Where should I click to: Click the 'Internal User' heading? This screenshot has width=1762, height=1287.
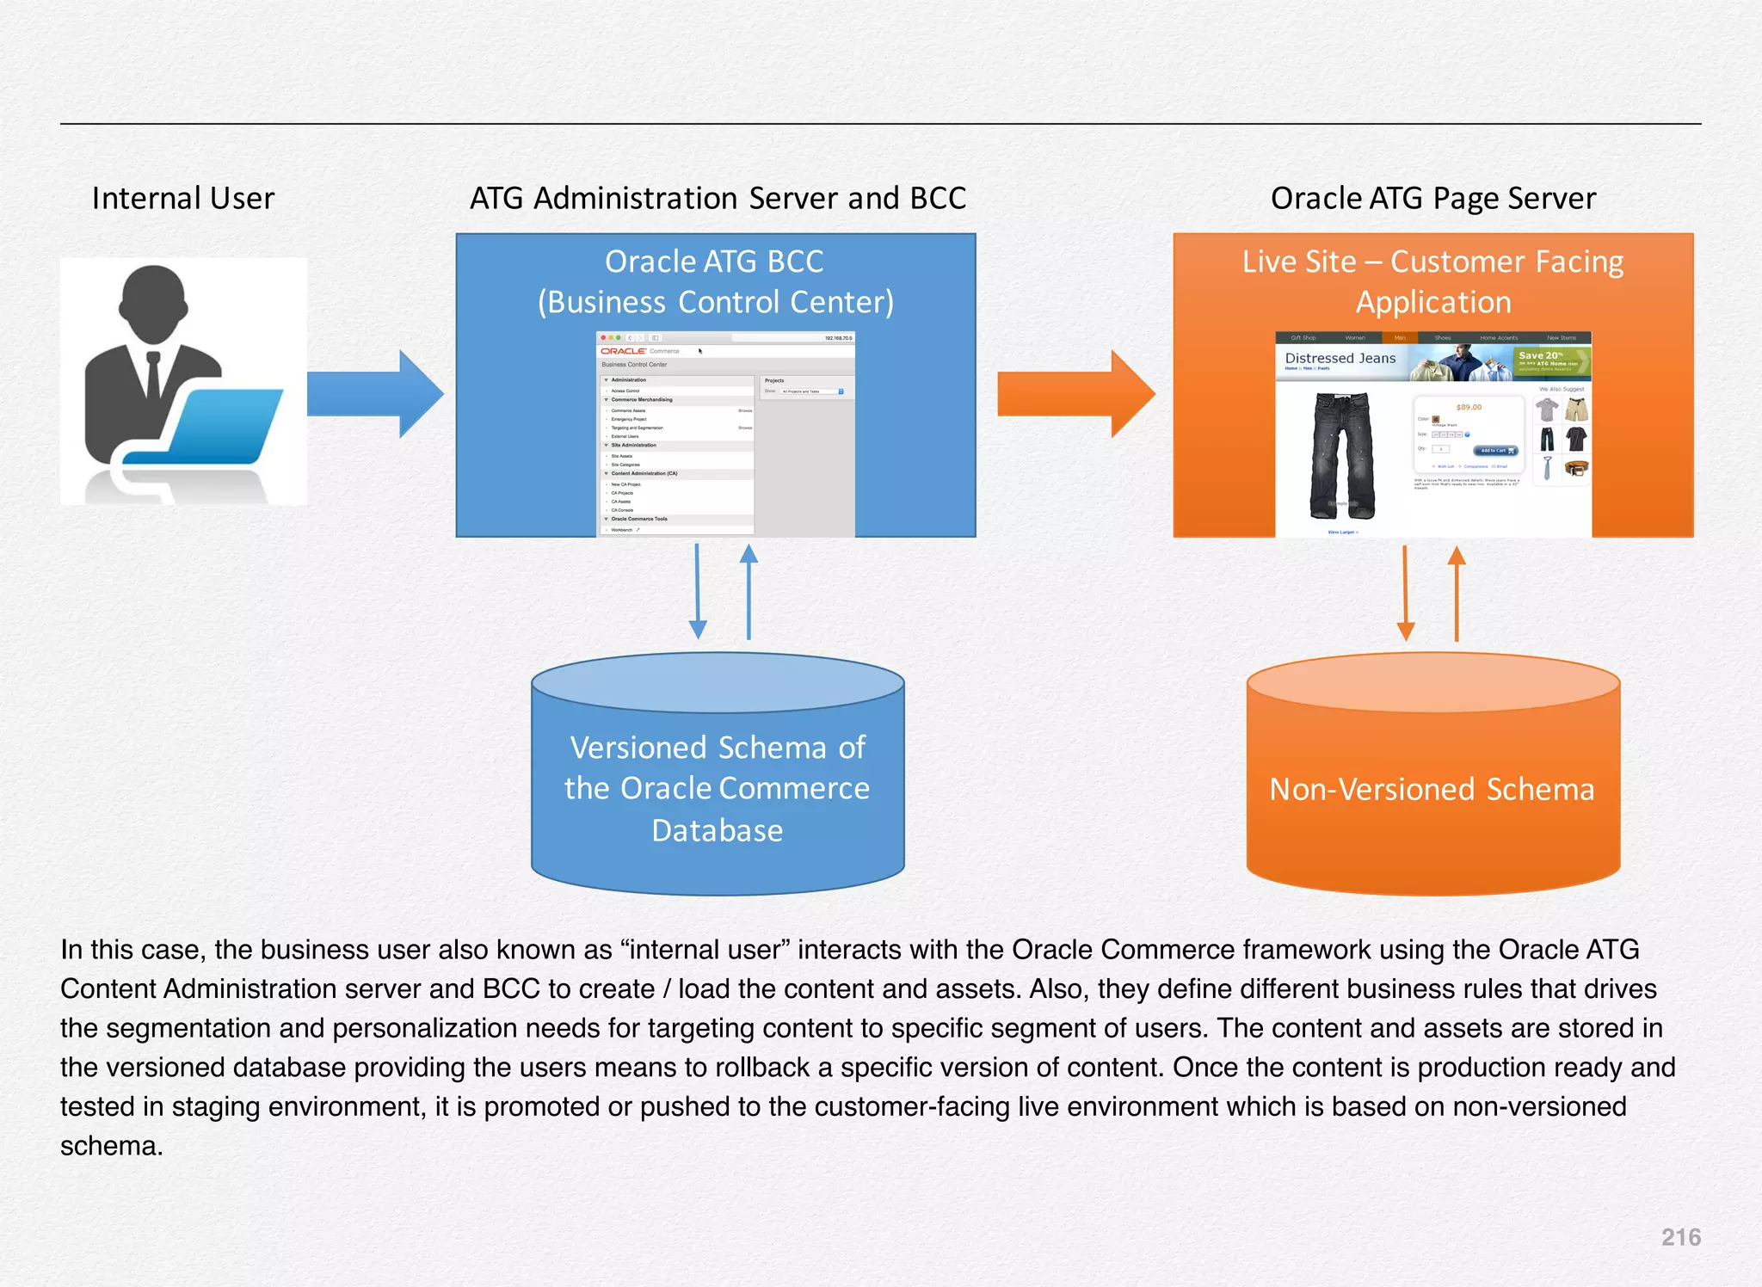point(182,199)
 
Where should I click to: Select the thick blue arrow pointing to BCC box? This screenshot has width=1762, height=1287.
point(375,394)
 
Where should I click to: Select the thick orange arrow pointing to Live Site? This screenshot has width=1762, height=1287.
point(1075,394)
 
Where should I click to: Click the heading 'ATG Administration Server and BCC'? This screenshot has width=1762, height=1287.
point(718,199)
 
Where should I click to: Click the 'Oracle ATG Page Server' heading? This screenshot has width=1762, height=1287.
point(1432,199)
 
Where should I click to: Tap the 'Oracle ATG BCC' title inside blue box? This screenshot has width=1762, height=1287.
point(714,262)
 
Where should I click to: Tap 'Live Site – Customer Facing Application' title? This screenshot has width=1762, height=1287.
point(1432,280)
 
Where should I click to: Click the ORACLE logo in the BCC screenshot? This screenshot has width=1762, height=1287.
point(623,351)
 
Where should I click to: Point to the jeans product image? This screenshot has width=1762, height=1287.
point(1342,456)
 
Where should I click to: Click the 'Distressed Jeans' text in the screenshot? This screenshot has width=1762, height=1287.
point(1340,358)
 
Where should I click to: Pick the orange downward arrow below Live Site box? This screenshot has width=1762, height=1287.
point(1405,594)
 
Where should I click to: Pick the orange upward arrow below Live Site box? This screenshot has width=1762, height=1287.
point(1457,594)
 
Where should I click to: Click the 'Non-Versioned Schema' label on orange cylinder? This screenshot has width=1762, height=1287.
point(1432,789)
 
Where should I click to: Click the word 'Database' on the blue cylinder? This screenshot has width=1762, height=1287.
point(717,830)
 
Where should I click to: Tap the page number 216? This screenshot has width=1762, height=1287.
point(1680,1237)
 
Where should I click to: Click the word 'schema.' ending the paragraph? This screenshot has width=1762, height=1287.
point(111,1146)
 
